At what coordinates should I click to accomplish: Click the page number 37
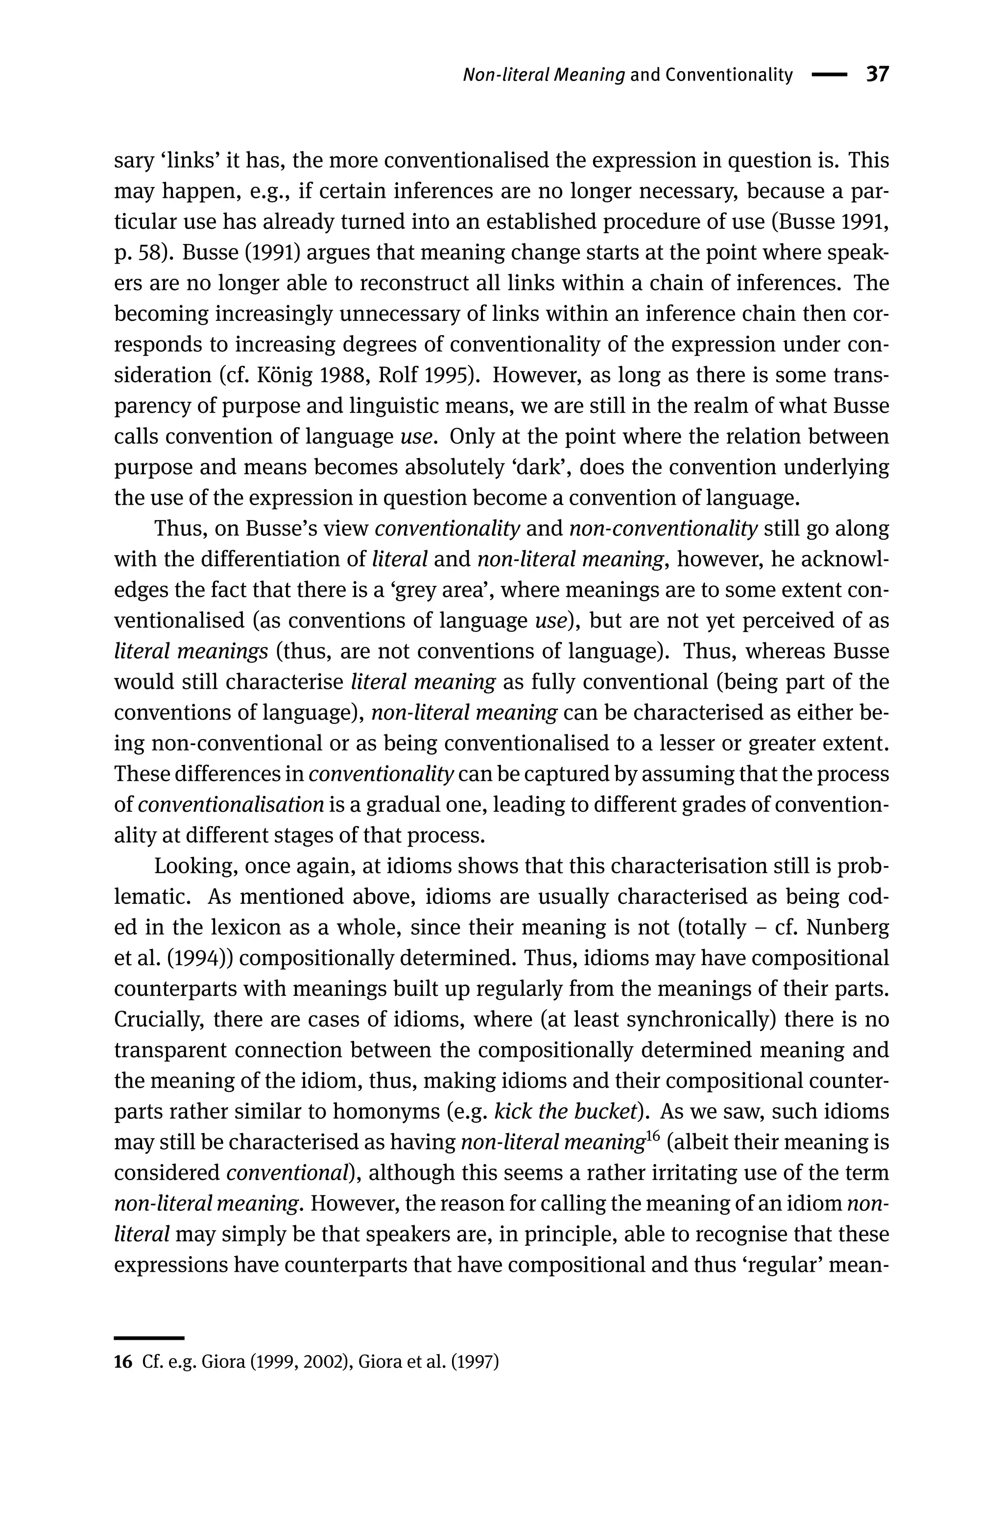click(877, 75)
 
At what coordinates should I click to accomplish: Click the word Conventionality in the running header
click(729, 75)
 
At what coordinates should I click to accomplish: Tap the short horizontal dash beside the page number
click(829, 75)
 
